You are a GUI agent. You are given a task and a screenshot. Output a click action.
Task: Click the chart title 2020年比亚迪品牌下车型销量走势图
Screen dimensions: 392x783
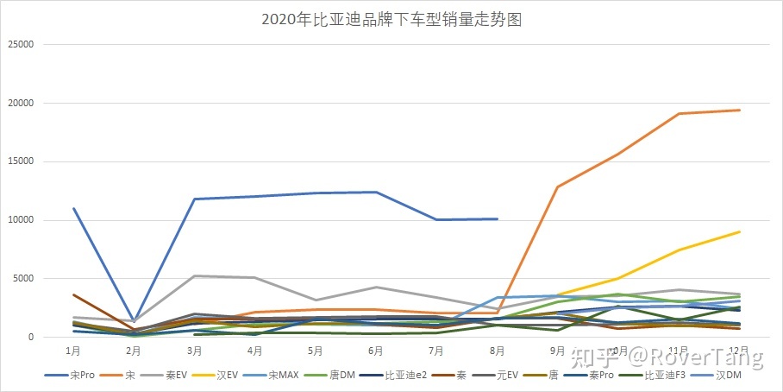[x=391, y=20]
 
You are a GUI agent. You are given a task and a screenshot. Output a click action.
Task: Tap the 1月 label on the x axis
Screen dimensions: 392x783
[x=73, y=351]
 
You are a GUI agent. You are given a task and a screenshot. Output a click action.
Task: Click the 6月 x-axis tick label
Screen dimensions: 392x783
[x=376, y=351]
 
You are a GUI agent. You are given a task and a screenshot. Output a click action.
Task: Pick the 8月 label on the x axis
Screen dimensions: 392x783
[x=497, y=351]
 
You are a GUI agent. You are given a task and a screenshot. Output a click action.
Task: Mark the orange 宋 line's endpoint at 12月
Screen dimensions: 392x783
[x=739, y=110]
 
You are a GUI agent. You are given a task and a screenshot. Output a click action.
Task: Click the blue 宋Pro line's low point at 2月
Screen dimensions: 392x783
[x=134, y=321]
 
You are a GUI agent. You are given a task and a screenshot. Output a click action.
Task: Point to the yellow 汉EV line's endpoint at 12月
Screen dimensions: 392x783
[x=739, y=231]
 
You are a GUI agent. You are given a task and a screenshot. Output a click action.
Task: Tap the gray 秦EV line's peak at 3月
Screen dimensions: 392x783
[x=194, y=275]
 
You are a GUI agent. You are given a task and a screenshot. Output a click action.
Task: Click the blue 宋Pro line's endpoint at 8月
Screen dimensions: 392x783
[x=497, y=218]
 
